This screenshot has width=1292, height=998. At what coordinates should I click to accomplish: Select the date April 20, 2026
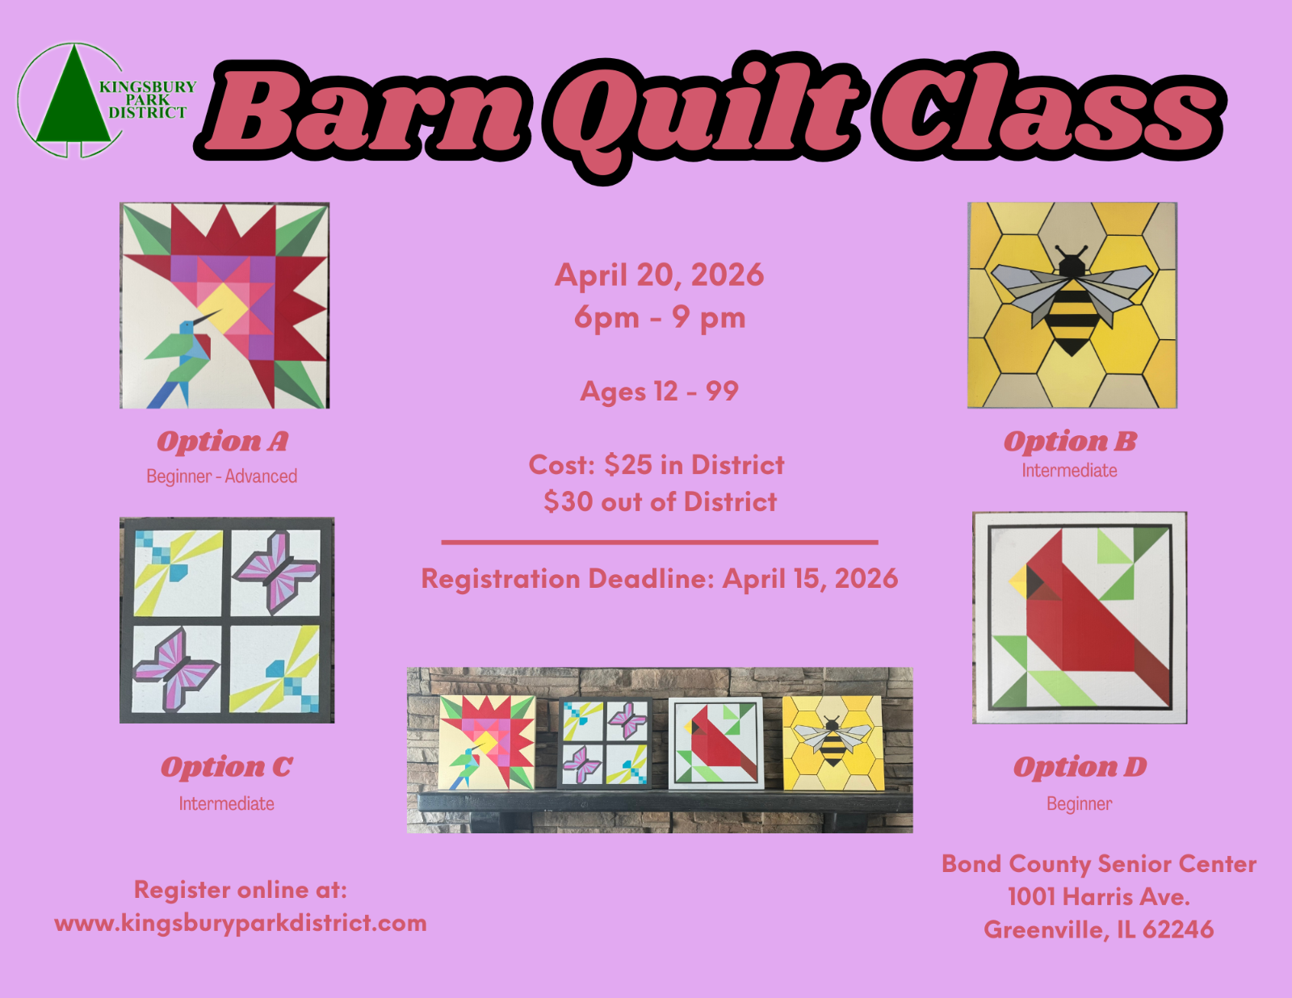click(660, 275)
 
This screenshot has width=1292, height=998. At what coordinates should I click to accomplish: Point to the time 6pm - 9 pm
click(660, 317)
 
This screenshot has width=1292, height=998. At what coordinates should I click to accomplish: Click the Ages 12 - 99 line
click(660, 391)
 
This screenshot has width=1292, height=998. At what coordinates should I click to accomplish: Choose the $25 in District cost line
click(656, 465)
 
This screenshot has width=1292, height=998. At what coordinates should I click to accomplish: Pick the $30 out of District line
click(660, 501)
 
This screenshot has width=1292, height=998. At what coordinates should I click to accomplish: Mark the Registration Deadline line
click(660, 578)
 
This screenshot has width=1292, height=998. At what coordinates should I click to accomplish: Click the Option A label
click(222, 442)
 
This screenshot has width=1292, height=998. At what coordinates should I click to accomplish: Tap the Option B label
click(1070, 442)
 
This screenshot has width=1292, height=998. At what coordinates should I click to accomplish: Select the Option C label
click(227, 767)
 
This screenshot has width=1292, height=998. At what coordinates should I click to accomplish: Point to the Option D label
click(1080, 767)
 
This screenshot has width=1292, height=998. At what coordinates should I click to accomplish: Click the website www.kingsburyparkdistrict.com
click(241, 923)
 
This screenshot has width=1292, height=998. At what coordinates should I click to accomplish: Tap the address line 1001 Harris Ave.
click(1099, 896)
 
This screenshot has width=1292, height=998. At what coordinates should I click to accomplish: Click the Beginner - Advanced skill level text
click(222, 476)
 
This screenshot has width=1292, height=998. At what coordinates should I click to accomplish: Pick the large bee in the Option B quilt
click(1072, 300)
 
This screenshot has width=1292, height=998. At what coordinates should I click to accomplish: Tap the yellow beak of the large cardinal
click(1018, 580)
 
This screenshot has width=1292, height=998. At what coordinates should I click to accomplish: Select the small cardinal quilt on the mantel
click(716, 744)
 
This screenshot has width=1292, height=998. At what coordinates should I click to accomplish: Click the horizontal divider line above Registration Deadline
click(660, 542)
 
